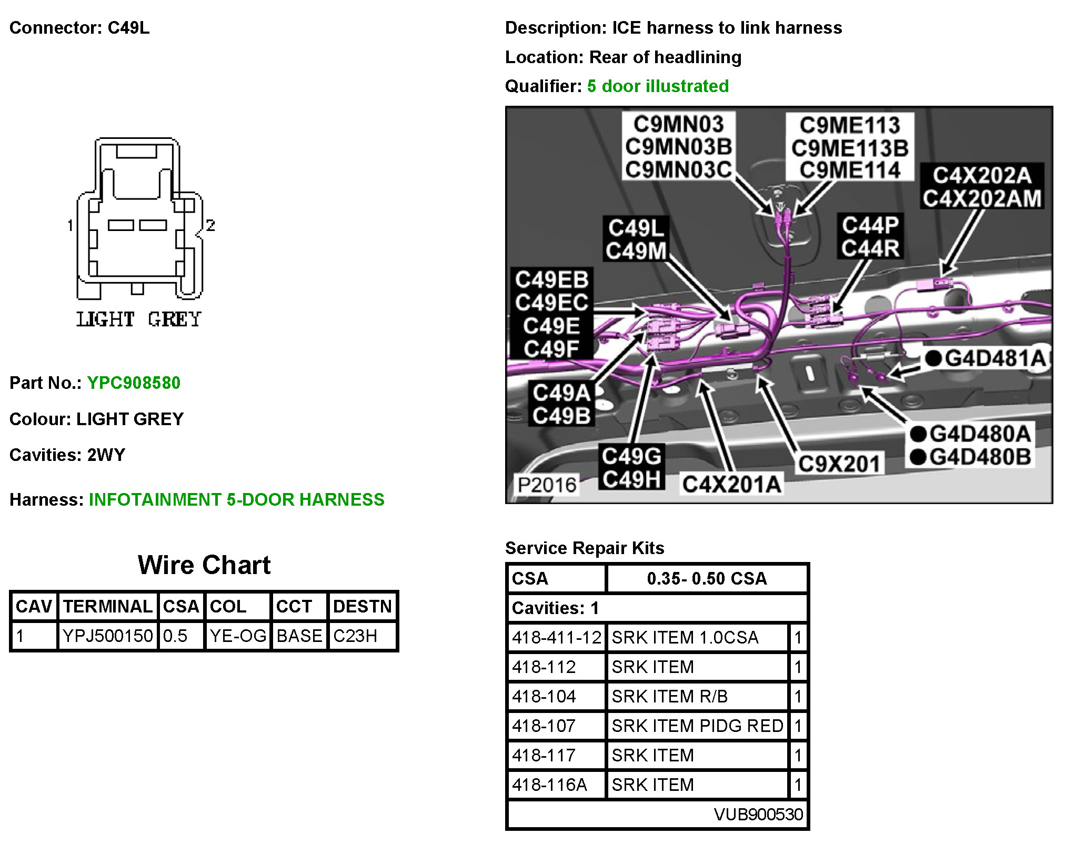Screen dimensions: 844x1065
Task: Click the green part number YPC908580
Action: [x=134, y=383]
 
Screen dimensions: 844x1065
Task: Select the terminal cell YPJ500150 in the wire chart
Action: [x=108, y=636]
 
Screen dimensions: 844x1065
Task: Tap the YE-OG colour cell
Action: [x=238, y=636]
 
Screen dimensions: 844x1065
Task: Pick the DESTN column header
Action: [x=362, y=606]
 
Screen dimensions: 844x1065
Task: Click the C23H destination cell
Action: [x=355, y=636]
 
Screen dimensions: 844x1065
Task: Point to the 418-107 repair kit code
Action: [x=544, y=726]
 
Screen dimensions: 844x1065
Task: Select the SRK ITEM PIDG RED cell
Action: [x=697, y=726]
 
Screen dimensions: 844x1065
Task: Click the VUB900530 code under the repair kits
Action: [x=758, y=814]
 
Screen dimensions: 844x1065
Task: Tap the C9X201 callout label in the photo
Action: [x=839, y=464]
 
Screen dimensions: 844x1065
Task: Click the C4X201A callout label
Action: [x=731, y=484]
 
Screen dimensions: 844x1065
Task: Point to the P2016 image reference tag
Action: [x=547, y=485]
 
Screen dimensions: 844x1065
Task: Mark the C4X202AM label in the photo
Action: [x=982, y=198]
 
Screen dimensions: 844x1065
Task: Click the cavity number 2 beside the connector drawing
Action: [x=210, y=225]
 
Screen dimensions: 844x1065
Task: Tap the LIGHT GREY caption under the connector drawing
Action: [x=139, y=319]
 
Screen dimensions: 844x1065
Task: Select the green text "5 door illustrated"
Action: [x=658, y=86]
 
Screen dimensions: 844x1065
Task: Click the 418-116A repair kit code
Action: [x=549, y=785]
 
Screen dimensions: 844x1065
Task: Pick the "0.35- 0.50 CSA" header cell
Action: [x=707, y=578]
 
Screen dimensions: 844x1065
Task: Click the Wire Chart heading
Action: [x=204, y=565]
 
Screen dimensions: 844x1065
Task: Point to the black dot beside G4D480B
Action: [x=918, y=457]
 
